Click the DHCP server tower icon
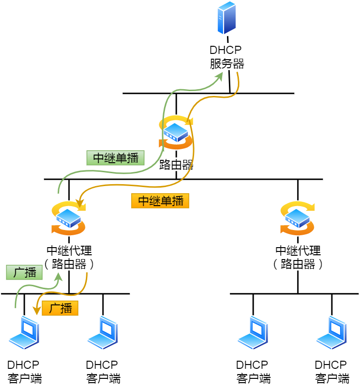tap(226, 18)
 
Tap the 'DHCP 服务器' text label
tap(226, 57)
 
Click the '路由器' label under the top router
tap(176, 165)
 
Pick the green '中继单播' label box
tap(115, 158)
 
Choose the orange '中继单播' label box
tap(160, 201)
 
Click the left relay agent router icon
tap(69, 218)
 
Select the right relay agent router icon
tap(298, 218)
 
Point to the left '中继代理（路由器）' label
tap(69, 257)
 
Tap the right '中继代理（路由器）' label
tap(298, 257)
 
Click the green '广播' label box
tap(24, 273)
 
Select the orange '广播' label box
tap(60, 308)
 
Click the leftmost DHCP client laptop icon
tap(24, 333)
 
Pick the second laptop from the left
tap(103, 333)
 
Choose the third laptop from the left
tap(253, 333)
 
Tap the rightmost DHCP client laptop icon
tap(331, 333)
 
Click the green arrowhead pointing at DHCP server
tap(220, 76)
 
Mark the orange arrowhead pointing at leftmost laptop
tap(36, 311)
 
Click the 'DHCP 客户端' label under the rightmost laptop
tap(331, 372)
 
